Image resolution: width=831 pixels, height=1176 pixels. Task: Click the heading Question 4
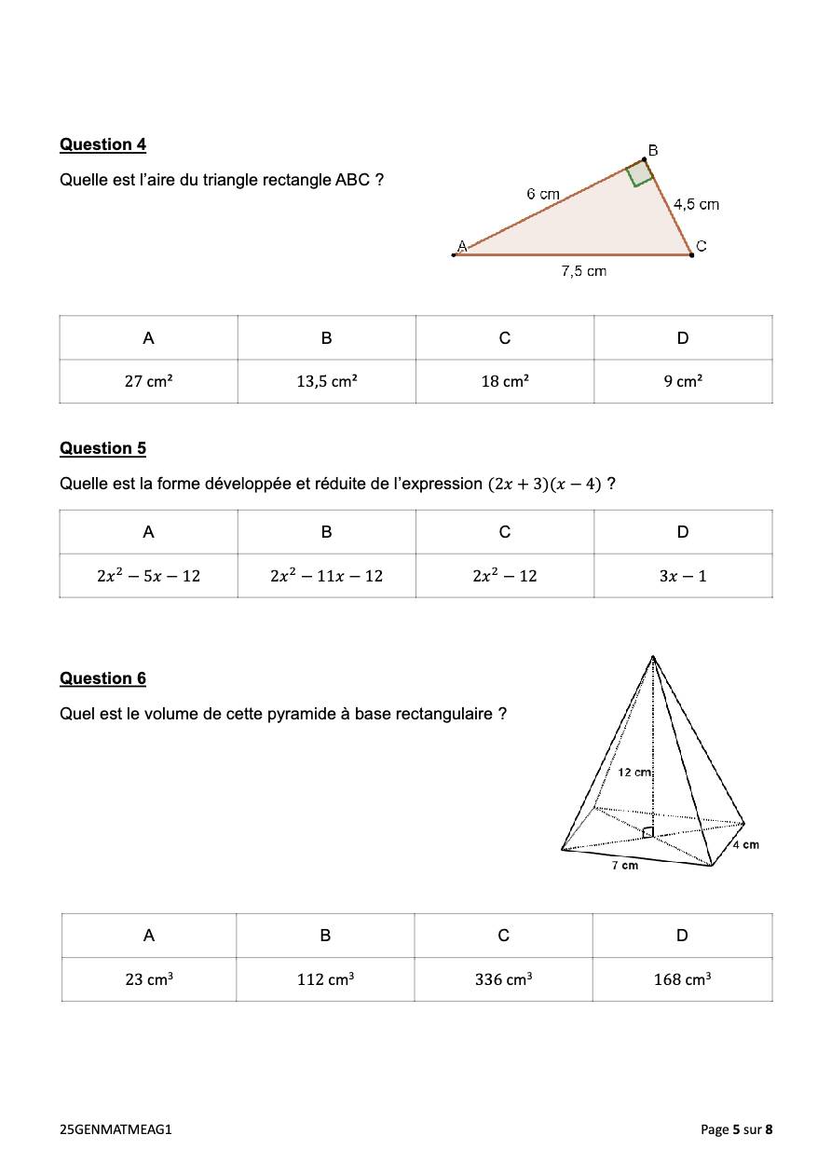click(x=102, y=144)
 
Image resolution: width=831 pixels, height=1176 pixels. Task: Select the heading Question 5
click(x=102, y=448)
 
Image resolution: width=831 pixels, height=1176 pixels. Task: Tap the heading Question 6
click(x=102, y=678)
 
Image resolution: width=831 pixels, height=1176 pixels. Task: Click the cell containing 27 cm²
click(x=148, y=381)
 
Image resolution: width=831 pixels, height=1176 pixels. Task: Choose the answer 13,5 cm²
click(x=326, y=381)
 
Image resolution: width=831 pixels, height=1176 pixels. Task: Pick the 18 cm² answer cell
click(x=504, y=381)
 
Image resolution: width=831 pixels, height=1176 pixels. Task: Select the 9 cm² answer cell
click(x=683, y=381)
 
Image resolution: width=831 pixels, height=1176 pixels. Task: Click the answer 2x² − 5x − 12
click(x=148, y=576)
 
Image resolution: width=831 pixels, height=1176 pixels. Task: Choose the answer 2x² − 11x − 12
click(x=326, y=576)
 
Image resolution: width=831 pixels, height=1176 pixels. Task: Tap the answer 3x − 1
click(x=683, y=576)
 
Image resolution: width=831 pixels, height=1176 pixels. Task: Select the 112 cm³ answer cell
click(x=325, y=979)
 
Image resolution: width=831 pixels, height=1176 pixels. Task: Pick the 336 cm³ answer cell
click(x=503, y=979)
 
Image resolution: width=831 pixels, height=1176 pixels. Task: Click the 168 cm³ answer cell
click(x=682, y=979)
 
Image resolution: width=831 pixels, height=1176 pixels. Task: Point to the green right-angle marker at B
click(x=639, y=174)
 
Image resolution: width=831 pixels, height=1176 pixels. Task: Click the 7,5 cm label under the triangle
click(x=583, y=271)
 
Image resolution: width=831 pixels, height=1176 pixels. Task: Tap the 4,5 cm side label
click(x=696, y=204)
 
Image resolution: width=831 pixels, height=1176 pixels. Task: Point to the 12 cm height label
click(x=633, y=773)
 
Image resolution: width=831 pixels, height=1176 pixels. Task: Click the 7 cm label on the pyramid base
click(x=624, y=866)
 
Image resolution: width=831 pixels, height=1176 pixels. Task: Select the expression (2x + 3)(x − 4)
click(x=545, y=485)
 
